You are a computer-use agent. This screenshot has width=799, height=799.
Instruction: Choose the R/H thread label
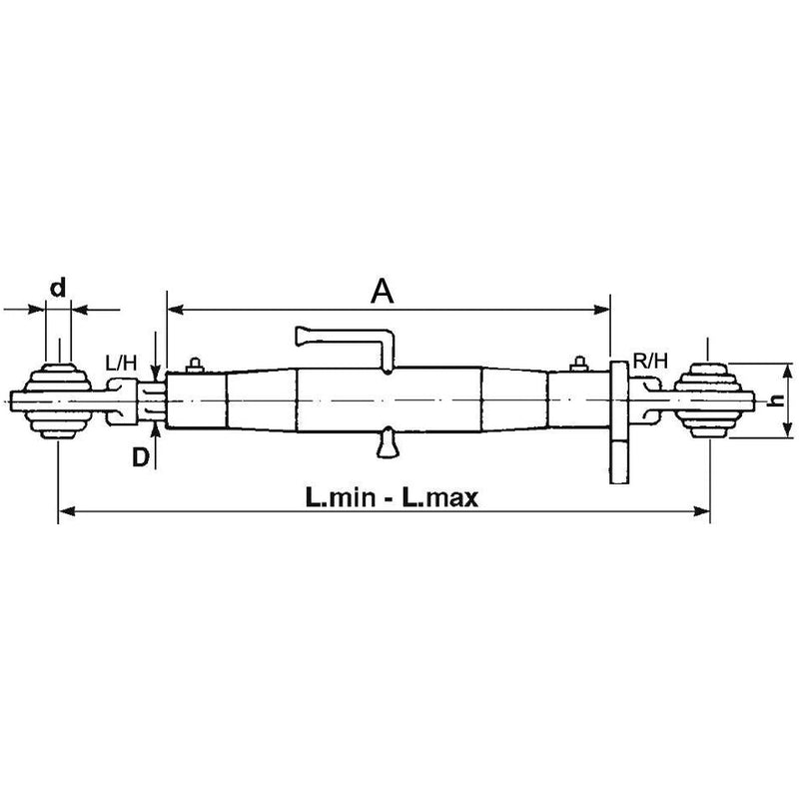point(650,359)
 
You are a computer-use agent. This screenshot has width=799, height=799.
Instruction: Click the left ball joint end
point(58,401)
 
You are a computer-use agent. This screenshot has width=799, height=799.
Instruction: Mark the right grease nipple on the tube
point(579,363)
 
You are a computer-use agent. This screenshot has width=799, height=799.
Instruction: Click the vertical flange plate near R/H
point(618,424)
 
